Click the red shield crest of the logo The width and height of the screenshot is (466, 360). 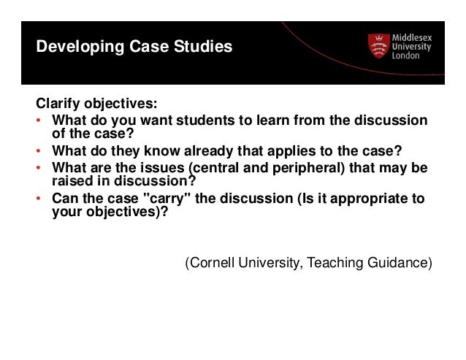pos(378,47)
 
